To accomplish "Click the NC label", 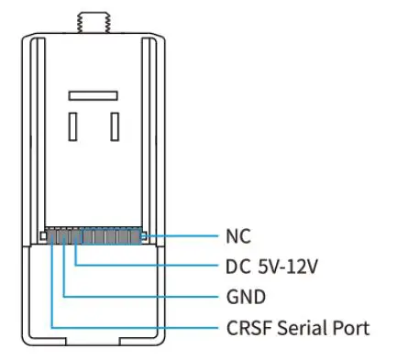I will coord(237,235).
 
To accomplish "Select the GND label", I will coord(245,297).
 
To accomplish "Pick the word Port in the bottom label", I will coord(353,327).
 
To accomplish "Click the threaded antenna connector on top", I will coord(92,19).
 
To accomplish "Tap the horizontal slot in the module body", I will coord(92,94).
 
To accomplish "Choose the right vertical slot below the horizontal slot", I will coord(113,125).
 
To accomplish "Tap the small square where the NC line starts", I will coord(145,236).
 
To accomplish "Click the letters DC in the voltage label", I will coord(237,267).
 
